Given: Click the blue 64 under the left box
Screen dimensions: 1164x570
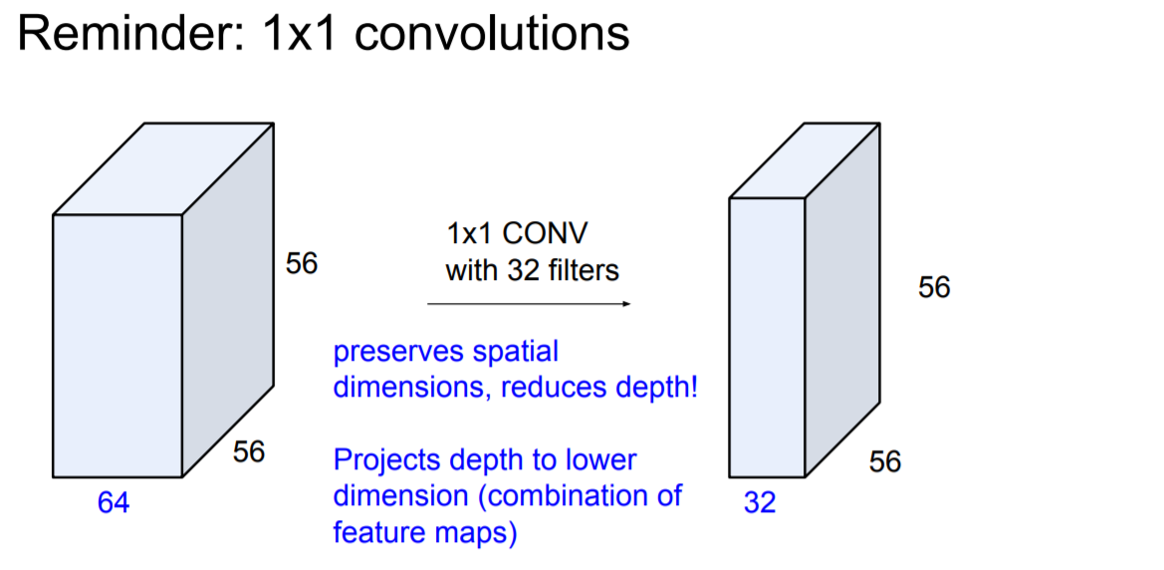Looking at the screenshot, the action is click(x=113, y=504).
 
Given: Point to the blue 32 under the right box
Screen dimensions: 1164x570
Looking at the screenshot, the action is click(x=759, y=504).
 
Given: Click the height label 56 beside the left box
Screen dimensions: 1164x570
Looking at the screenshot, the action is click(x=302, y=265).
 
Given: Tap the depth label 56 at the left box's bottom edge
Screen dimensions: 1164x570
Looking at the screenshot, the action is click(x=249, y=451).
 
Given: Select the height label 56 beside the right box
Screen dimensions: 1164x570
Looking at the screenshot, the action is click(x=934, y=288).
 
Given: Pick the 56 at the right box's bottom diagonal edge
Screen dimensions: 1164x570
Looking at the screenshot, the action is click(x=885, y=461).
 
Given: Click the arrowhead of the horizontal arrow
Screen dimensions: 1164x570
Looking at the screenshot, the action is click(x=626, y=303).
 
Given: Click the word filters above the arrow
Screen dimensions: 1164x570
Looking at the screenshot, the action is click(x=582, y=270).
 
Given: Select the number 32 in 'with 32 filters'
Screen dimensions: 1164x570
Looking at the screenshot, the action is click(x=519, y=270).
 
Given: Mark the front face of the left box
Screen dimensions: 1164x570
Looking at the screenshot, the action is click(x=117, y=345).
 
